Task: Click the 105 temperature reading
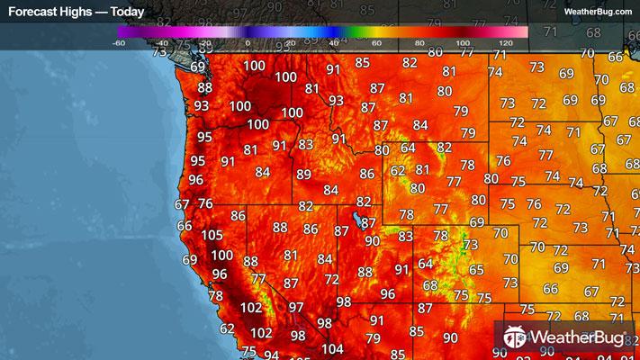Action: point(212,236)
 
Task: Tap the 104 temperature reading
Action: point(332,349)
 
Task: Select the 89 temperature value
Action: point(304,175)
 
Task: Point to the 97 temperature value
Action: point(296,308)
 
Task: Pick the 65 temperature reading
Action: point(476,270)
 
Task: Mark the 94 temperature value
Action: point(271,355)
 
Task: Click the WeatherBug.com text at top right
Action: point(598,12)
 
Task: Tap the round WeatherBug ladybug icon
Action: point(516,337)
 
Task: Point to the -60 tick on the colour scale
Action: point(119,42)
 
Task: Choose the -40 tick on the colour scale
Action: point(161,42)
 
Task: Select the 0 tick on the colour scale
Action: point(248,42)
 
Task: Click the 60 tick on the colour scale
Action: point(376,42)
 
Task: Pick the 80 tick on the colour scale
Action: point(419,42)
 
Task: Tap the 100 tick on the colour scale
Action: point(463,42)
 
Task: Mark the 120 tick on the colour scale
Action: point(505,42)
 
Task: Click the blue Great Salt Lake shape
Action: point(359,219)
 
